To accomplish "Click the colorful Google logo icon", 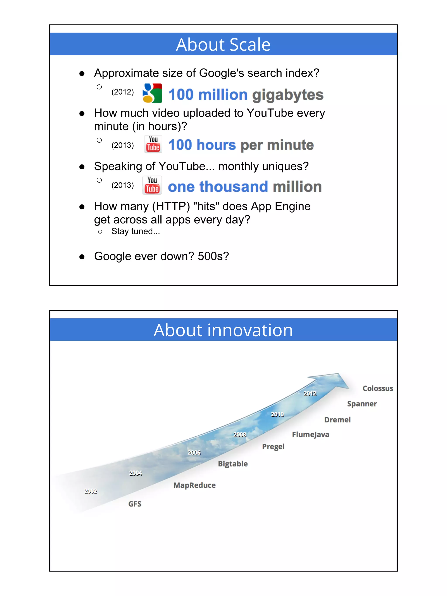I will click(x=152, y=93).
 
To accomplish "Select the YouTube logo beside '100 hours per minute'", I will click(x=153, y=144).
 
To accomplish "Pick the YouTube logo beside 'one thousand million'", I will click(x=152, y=185).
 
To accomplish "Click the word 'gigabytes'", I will click(x=288, y=95).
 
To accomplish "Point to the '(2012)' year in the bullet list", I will click(x=123, y=92).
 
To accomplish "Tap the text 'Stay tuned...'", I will click(x=136, y=232).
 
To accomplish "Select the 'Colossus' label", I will click(x=378, y=388).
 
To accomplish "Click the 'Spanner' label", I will click(x=362, y=404).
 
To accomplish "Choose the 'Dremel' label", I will click(x=337, y=420).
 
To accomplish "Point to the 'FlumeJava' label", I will click(x=310, y=435).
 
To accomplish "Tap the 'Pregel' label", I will click(x=273, y=447).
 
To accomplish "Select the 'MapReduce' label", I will click(x=194, y=485).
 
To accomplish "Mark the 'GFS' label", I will click(x=135, y=504).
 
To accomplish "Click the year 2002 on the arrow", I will click(x=91, y=491).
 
